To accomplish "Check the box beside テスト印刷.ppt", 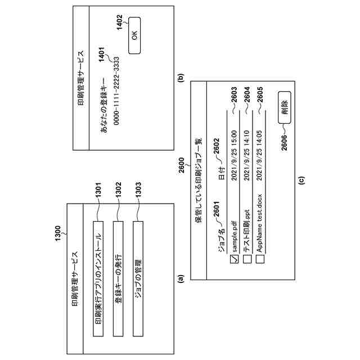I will [x=246, y=259].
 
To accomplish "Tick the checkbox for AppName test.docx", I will [x=259, y=259].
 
